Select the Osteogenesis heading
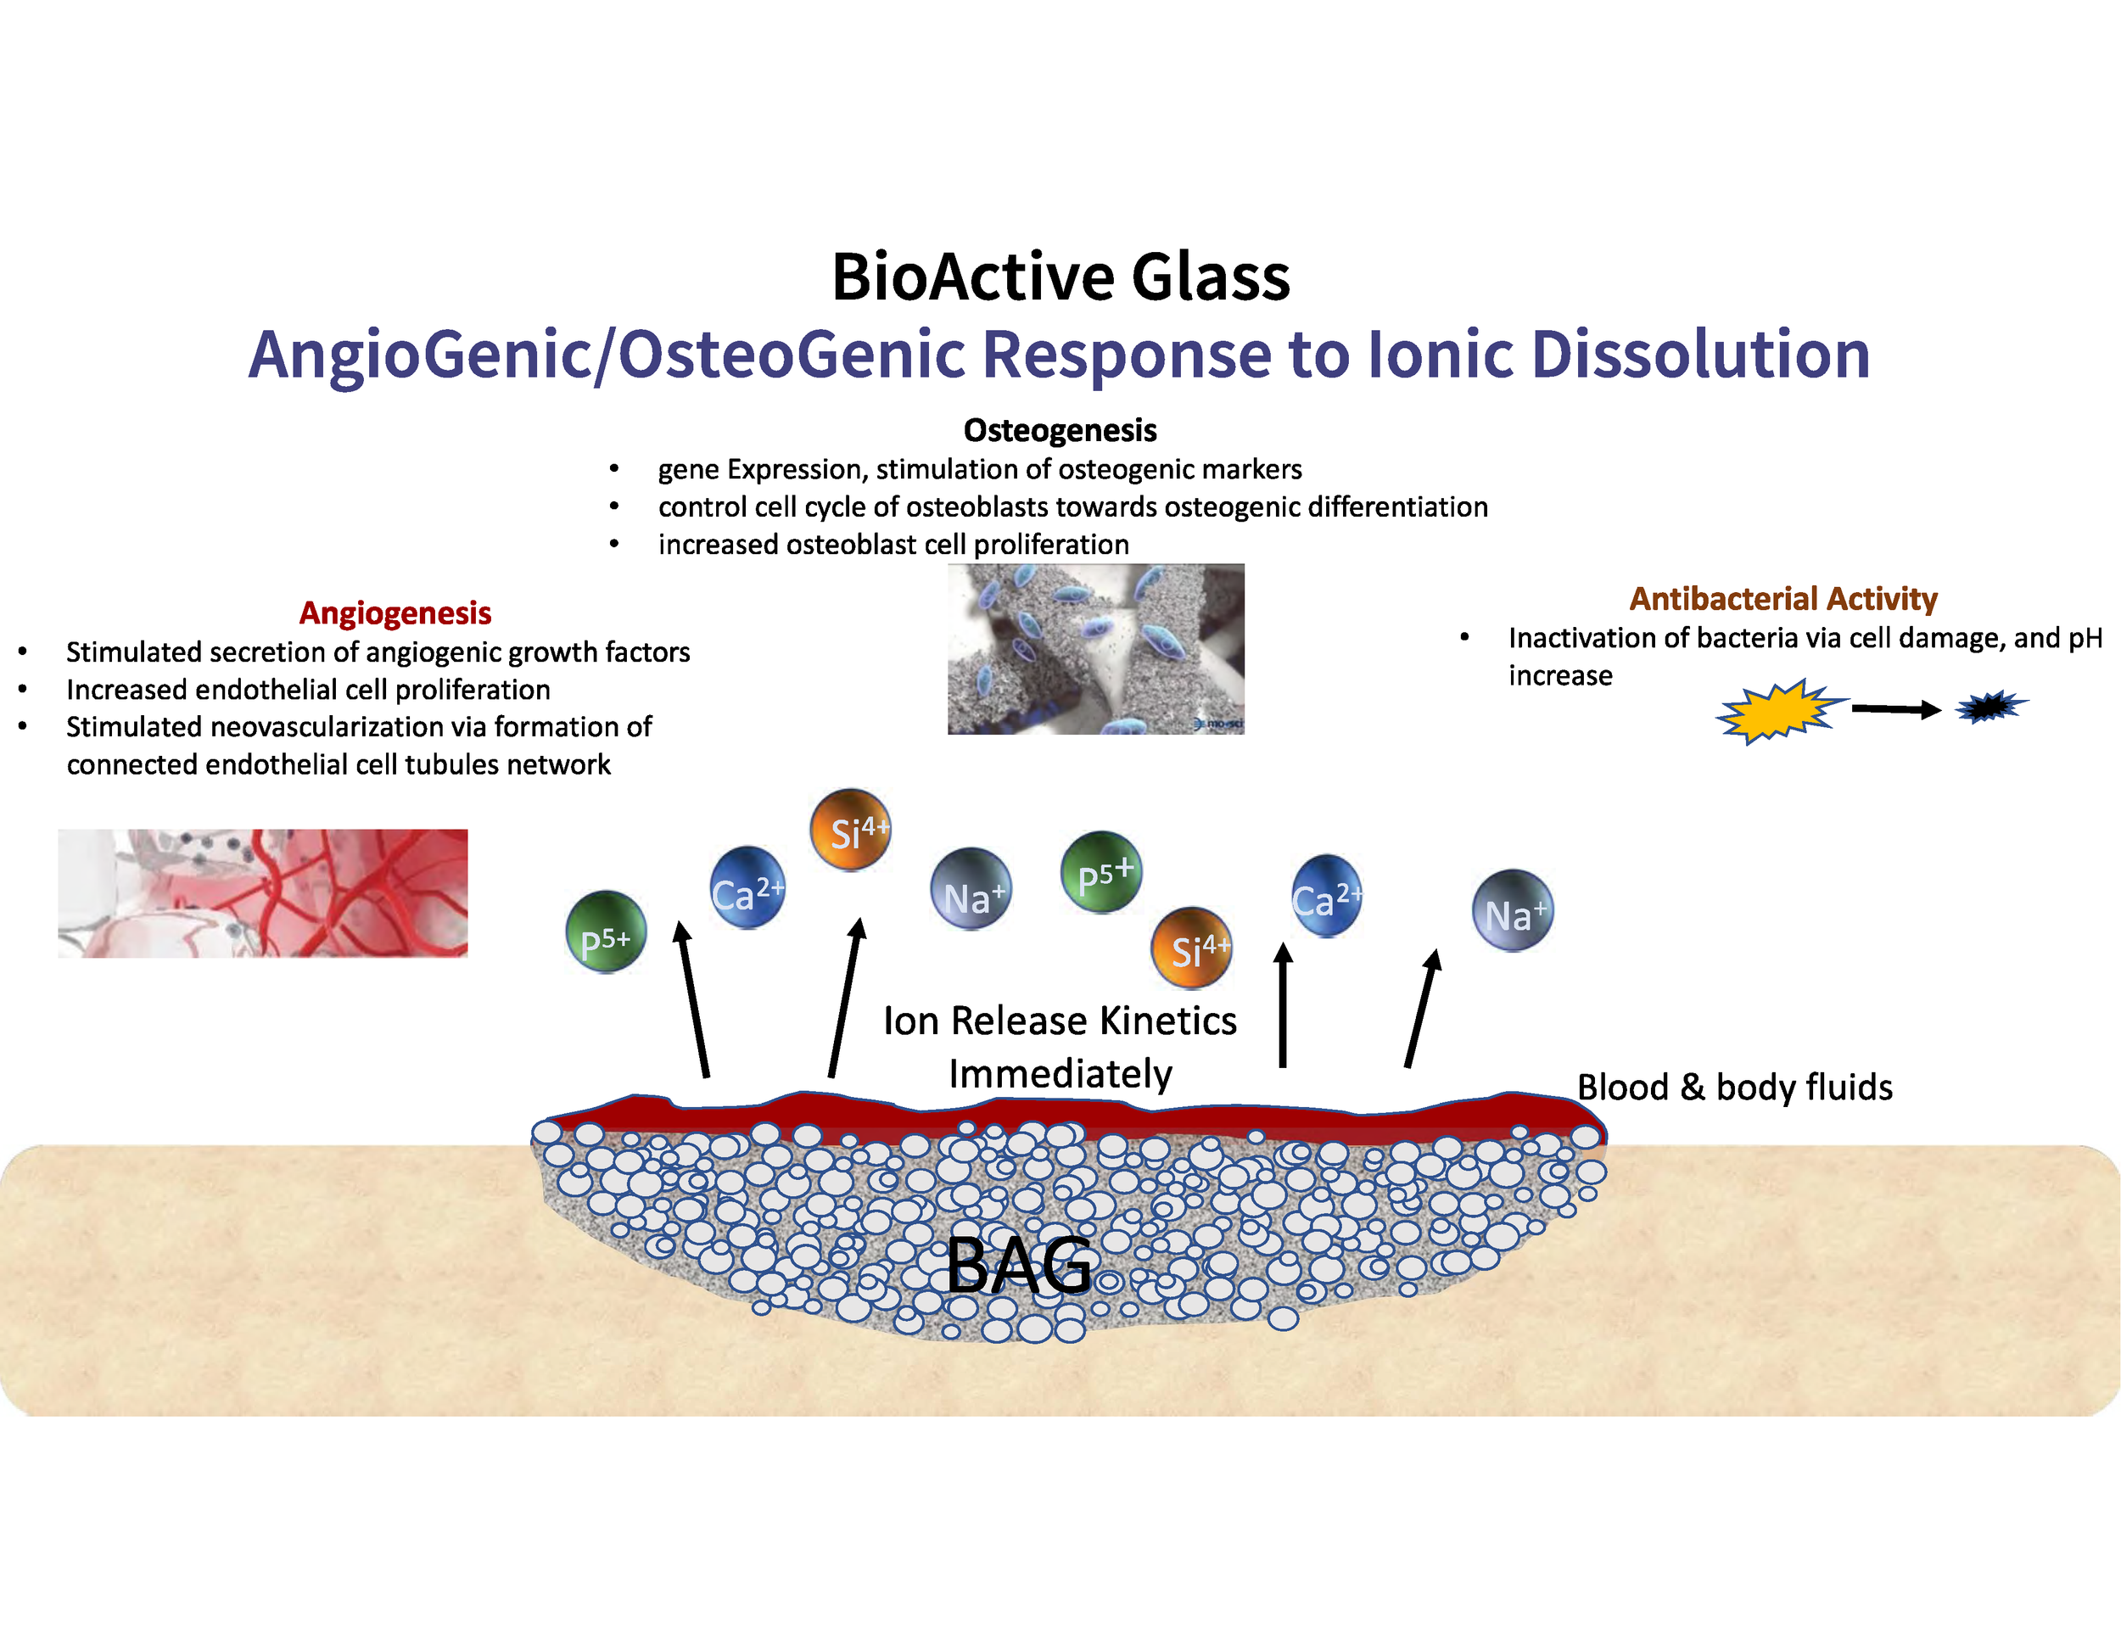pyautogui.click(x=1060, y=430)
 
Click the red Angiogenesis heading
pyautogui.click(x=395, y=613)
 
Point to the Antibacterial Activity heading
pyautogui.click(x=1783, y=599)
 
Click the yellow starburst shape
pyautogui.click(x=1777, y=711)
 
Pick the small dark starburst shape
pyautogui.click(x=1989, y=707)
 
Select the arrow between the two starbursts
pyautogui.click(x=1894, y=709)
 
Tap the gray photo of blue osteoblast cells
pyautogui.click(x=1095, y=649)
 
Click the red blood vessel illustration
pyautogui.click(x=262, y=893)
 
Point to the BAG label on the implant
pyautogui.click(x=1019, y=1265)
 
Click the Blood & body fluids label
pyautogui.click(x=1734, y=1088)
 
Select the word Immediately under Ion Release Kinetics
pyautogui.click(x=1060, y=1074)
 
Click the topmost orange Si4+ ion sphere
pyautogui.click(x=851, y=831)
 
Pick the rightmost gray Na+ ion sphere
pyautogui.click(x=1512, y=911)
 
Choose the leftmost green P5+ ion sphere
pyautogui.click(x=606, y=932)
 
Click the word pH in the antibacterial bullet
pyautogui.click(x=2085, y=638)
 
